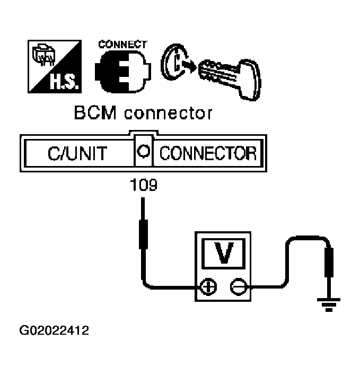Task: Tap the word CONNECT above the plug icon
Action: click(x=121, y=45)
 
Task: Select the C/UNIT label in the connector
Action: click(x=76, y=154)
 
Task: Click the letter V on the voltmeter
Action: click(x=225, y=252)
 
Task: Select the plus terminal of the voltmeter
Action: click(x=210, y=287)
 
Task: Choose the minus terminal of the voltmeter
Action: click(x=238, y=287)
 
